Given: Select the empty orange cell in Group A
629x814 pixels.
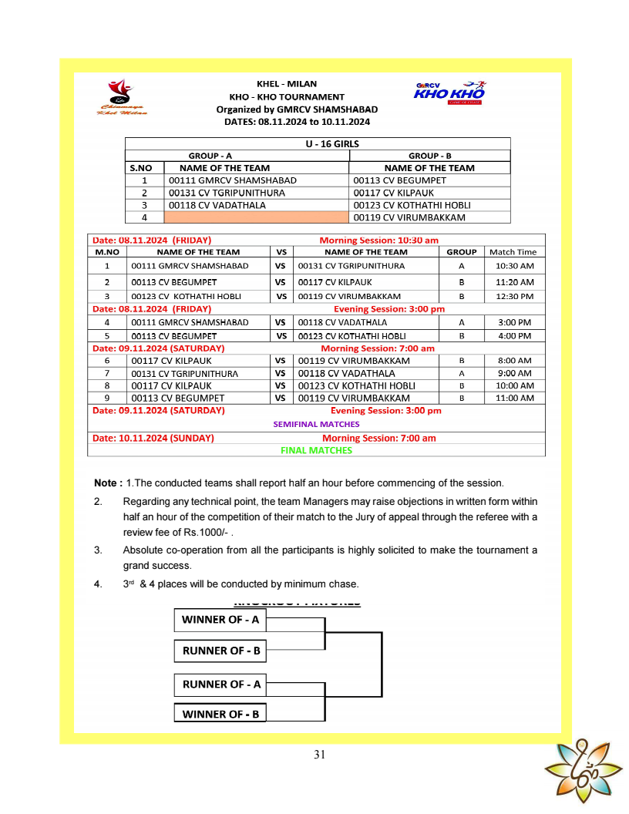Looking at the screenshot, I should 257,217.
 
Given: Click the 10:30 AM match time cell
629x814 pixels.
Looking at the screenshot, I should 514,266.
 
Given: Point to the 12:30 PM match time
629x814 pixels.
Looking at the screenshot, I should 514,296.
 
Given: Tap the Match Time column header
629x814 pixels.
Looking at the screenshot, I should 513,251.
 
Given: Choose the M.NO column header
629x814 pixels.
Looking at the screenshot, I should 107,251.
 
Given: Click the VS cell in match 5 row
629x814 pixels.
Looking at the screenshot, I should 281,336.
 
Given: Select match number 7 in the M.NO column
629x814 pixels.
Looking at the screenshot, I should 107,373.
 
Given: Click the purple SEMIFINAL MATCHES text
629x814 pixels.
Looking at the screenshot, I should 316,424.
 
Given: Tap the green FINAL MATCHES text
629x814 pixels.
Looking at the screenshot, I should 316,450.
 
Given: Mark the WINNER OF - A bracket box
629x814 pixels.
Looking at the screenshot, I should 220,619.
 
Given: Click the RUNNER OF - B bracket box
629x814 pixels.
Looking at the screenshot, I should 220,651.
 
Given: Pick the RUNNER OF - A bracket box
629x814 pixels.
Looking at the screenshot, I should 220,684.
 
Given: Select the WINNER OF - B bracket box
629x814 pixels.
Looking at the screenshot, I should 220,714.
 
